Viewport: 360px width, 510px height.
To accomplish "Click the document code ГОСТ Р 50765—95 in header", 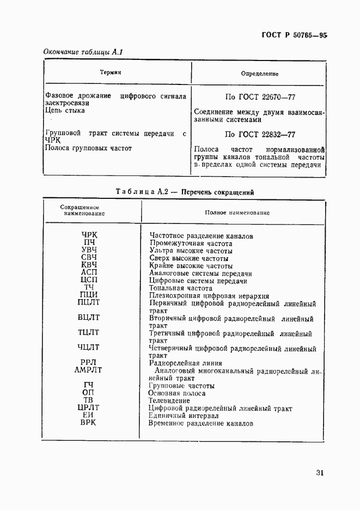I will click(x=295, y=35).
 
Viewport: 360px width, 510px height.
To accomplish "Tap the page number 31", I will click(x=319, y=473).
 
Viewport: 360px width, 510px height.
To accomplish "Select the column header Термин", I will click(x=111, y=72).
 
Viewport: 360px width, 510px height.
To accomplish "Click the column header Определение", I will click(x=260, y=73).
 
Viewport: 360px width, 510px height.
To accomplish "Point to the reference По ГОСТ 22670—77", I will click(x=260, y=97).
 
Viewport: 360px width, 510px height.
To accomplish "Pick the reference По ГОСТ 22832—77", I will click(x=260, y=134).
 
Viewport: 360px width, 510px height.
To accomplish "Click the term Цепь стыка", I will click(x=65, y=111).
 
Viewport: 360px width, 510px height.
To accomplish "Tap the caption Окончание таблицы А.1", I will click(x=84, y=52).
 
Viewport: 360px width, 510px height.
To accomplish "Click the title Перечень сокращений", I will click(x=217, y=192).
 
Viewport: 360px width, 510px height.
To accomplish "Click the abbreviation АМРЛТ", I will click(x=88, y=370).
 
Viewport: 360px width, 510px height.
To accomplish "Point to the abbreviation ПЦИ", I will click(x=89, y=295).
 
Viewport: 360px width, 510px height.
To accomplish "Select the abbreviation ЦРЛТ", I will click(x=89, y=408).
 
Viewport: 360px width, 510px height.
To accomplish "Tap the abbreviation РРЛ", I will click(x=89, y=362).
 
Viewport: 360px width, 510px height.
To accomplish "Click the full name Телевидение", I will click(x=169, y=400).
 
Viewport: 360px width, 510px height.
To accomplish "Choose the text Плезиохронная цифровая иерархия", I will click(x=209, y=296).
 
